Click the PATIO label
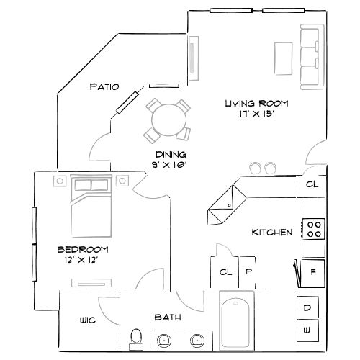104,86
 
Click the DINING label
171,155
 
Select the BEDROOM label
83,249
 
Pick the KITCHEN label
271,233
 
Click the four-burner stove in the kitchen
314,228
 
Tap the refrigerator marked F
313,273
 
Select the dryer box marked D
307,307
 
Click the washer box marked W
307,330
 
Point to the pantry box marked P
248,272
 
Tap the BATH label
166,317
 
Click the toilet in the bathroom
135,336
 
